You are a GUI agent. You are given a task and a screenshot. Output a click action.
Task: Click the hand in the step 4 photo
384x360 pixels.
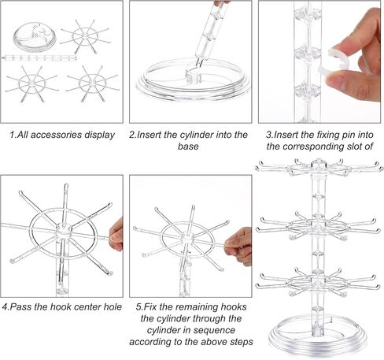pyautogui.click(x=117, y=233)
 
